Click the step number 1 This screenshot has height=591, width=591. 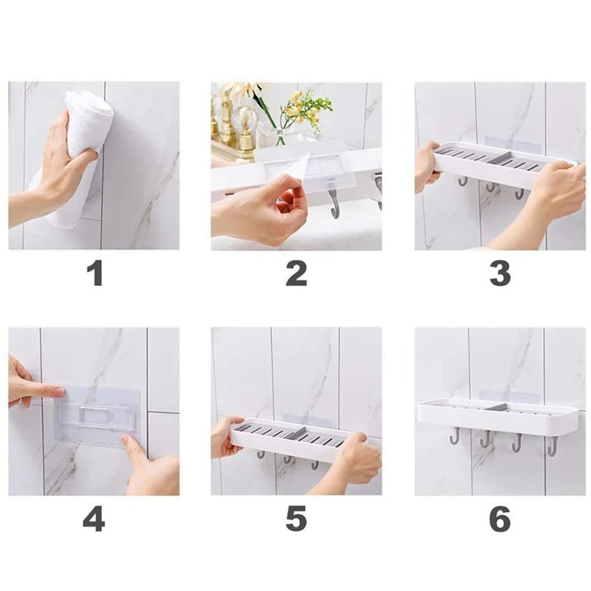click(x=95, y=273)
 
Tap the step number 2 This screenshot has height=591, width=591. click(x=296, y=273)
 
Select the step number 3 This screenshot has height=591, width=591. click(x=500, y=273)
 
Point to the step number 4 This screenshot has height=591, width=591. click(x=94, y=519)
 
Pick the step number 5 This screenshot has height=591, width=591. click(x=296, y=519)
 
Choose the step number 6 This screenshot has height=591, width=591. click(x=500, y=519)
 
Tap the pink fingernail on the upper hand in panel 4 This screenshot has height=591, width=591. click(x=59, y=392)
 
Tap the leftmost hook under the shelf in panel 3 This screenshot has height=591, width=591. click(x=463, y=181)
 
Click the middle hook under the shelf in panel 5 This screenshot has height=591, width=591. click(x=287, y=459)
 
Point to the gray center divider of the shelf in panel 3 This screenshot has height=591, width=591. click(x=498, y=157)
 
